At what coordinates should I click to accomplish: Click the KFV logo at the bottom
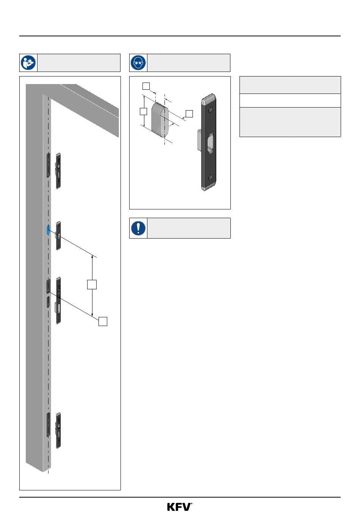click(179, 507)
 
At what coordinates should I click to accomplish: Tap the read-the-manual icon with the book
click(28, 62)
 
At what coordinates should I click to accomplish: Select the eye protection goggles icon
click(138, 62)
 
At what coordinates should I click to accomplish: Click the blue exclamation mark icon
click(138, 228)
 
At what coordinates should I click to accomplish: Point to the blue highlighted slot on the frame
click(48, 230)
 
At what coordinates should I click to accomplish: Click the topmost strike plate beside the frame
click(58, 171)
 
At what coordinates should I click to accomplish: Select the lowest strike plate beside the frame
click(58, 431)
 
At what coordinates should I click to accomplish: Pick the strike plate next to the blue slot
click(59, 236)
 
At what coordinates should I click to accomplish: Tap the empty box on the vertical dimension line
click(92, 284)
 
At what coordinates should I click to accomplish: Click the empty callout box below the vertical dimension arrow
click(103, 321)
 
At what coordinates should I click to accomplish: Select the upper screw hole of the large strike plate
click(210, 110)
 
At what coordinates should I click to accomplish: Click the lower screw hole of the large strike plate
click(210, 177)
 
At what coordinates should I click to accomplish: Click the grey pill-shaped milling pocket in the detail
click(160, 120)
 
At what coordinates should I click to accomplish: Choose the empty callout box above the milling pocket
click(146, 86)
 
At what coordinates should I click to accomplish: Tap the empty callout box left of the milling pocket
click(143, 111)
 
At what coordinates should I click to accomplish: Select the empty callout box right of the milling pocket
click(189, 114)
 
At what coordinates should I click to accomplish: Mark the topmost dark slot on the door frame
click(48, 165)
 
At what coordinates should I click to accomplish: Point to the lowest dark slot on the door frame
click(48, 424)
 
